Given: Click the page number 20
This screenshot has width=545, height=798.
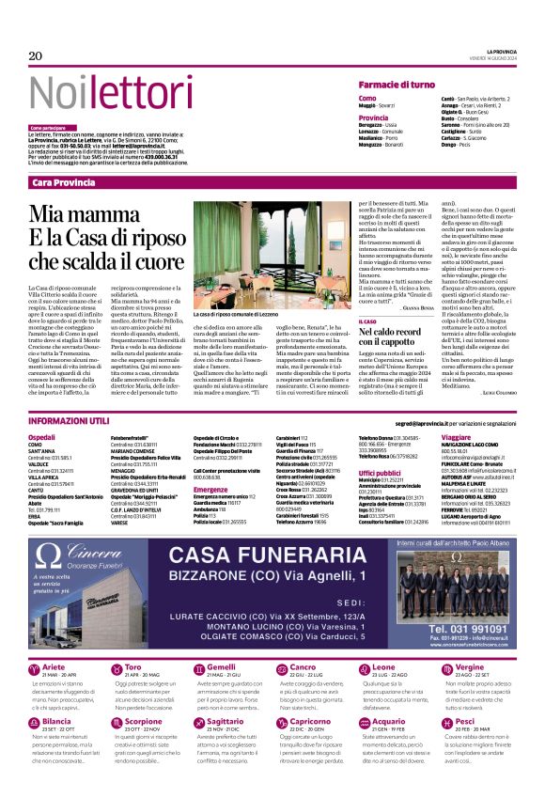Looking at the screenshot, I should tap(36, 56).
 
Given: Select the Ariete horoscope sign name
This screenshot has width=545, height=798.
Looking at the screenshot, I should tap(56, 666).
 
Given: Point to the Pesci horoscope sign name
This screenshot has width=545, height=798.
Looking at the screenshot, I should tap(463, 721).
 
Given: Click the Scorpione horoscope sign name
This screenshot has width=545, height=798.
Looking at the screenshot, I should tap(145, 721).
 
